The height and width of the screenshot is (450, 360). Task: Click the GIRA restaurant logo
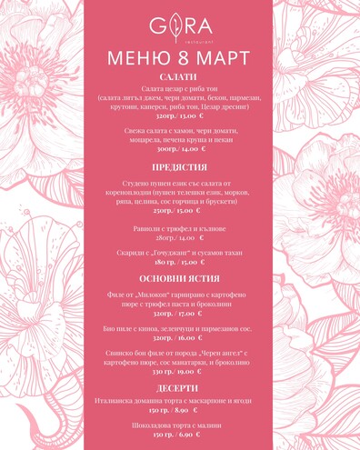tap(180, 26)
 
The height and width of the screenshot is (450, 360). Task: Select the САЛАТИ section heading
tap(180, 79)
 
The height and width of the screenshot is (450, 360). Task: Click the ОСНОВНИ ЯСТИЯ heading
tap(180, 278)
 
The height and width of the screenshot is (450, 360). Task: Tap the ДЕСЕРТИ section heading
tap(180, 388)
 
